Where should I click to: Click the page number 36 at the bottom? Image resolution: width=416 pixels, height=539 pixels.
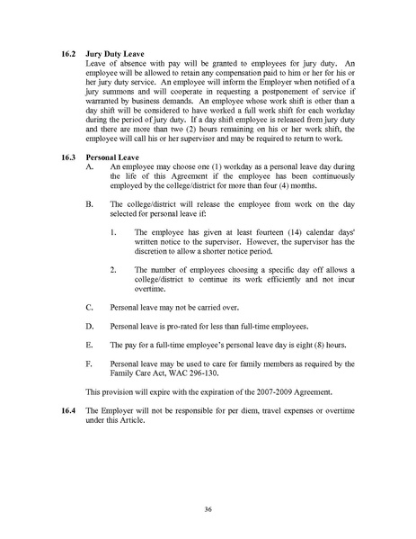[x=208, y=509]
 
